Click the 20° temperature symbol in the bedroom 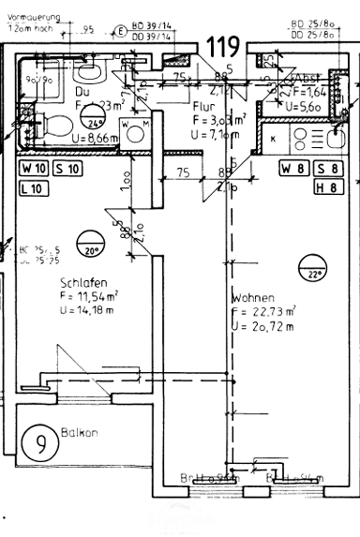91,247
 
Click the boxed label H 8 326,186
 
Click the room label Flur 203,106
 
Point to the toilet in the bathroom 58,123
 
